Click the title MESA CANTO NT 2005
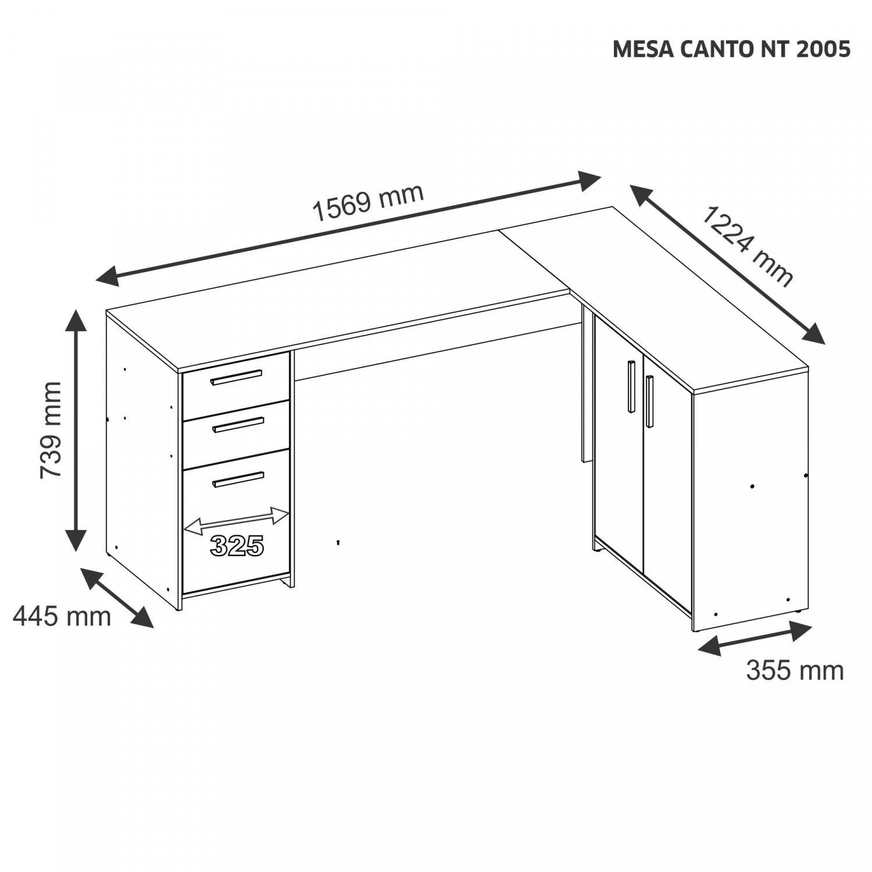(x=731, y=49)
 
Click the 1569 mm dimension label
(x=368, y=202)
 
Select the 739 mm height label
(x=51, y=430)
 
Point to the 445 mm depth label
(x=62, y=616)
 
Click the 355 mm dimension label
(x=795, y=670)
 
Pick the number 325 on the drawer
(x=237, y=545)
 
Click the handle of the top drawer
(x=237, y=377)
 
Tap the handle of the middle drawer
(x=238, y=424)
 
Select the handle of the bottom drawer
(x=238, y=479)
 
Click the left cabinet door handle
(x=631, y=387)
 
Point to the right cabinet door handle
(x=649, y=402)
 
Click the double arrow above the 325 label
(x=236, y=521)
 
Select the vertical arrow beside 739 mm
(x=76, y=430)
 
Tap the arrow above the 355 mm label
(x=755, y=638)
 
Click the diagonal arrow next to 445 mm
(x=117, y=598)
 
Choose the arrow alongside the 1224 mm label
(x=728, y=265)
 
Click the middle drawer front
(x=236, y=425)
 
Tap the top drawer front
(x=236, y=377)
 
